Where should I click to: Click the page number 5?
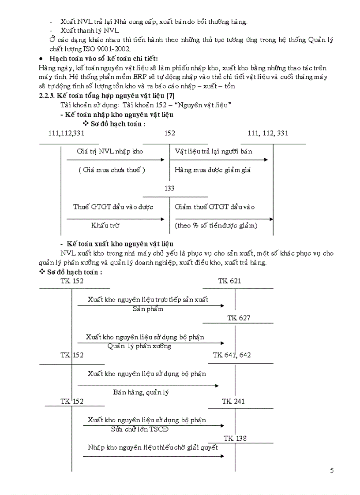(x=332, y=470)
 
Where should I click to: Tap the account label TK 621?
(x=229, y=281)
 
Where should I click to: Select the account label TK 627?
(x=238, y=318)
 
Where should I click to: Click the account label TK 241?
(x=233, y=401)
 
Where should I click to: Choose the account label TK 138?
(x=235, y=438)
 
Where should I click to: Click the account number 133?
(x=169, y=188)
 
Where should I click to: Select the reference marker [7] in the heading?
(x=173, y=95)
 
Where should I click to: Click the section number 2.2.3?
(x=48, y=95)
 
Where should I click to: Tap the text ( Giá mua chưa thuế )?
(x=112, y=170)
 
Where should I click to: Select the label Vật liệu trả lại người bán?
(x=214, y=151)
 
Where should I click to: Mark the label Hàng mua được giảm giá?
(x=212, y=170)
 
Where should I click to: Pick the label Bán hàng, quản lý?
(x=141, y=392)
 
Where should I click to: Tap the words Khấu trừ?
(x=105, y=225)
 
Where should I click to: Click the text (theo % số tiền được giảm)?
(x=216, y=225)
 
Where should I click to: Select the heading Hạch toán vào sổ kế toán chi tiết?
(x=104, y=59)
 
